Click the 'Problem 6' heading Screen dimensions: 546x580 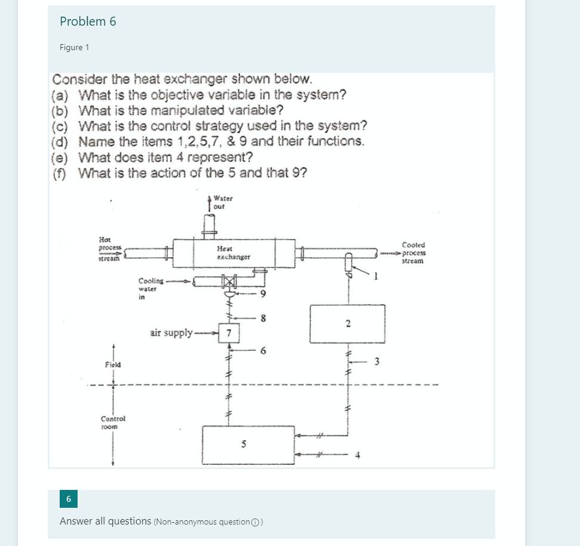88,22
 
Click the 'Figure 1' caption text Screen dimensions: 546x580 75,48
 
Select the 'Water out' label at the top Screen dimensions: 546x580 223,202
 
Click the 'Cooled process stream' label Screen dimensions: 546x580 414,252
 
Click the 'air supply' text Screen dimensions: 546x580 171,332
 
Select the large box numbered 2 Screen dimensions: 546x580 347,324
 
